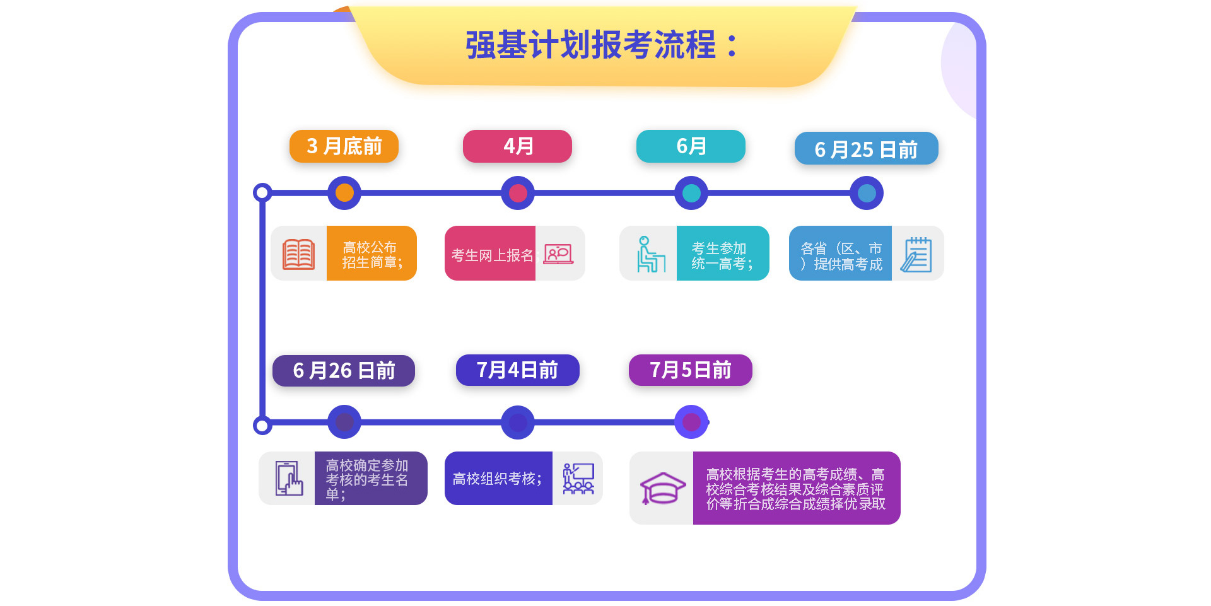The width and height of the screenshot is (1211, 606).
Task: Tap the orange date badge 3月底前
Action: (344, 146)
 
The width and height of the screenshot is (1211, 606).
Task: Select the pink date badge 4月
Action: (517, 146)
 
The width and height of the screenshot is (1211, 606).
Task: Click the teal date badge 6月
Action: (691, 146)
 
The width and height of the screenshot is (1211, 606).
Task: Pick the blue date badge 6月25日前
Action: (866, 149)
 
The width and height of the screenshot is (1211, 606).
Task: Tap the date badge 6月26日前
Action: (344, 370)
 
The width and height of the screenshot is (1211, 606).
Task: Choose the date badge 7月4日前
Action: (517, 370)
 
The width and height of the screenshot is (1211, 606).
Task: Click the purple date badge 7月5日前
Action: (691, 370)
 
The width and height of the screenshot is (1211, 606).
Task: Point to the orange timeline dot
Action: (344, 193)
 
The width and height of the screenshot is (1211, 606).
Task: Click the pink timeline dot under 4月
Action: (518, 193)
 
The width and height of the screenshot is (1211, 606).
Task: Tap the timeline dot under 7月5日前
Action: (691, 422)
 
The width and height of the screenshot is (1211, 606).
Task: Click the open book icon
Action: (299, 254)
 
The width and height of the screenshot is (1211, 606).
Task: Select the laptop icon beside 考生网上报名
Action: (558, 254)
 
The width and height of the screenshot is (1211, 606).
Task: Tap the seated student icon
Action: (650, 254)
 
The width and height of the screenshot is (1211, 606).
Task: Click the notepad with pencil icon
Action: (916, 254)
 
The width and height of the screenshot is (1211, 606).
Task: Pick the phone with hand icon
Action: (289, 478)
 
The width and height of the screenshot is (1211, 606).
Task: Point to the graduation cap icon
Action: (662, 488)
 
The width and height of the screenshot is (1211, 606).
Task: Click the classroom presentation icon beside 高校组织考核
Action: (578, 479)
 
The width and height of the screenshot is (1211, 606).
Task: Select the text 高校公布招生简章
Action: (372, 255)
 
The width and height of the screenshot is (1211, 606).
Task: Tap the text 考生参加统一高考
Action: (722, 256)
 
